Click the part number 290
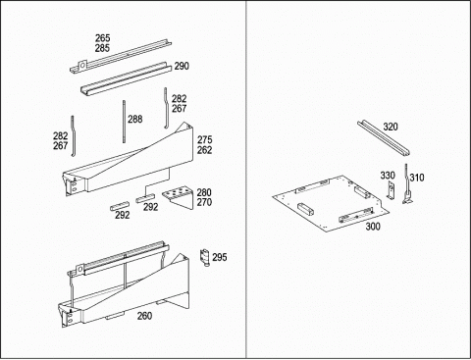182,66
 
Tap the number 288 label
135,119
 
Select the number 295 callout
220,257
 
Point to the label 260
144,316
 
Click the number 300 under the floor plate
373,227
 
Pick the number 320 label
391,127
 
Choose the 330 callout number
388,176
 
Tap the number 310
417,178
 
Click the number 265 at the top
103,38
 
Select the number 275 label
204,140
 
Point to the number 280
204,192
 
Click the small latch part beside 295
205,258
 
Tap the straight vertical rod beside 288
125,122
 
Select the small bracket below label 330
391,190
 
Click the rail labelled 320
383,137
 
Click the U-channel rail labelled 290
127,78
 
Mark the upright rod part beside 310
406,183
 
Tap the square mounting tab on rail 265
82,65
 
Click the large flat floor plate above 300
331,203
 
